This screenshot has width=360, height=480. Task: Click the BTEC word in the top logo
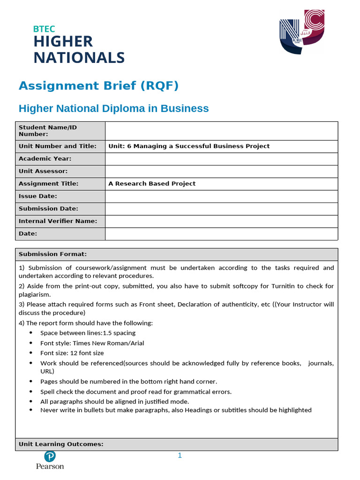(44, 29)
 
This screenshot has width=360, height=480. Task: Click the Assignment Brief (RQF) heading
(98, 86)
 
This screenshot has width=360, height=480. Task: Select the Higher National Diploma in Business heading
(113, 109)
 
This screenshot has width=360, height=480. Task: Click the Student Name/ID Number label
(47, 130)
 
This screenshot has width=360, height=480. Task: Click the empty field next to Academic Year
(221, 159)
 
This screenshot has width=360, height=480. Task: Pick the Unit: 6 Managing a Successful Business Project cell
(189, 146)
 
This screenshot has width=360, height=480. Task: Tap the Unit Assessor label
(43, 171)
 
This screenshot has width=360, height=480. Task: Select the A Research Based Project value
(152, 184)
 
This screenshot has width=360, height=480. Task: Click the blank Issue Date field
(221, 196)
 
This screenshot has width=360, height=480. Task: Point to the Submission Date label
(48, 209)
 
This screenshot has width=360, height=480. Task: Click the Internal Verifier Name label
(58, 221)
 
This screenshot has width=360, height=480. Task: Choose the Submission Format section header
(52, 254)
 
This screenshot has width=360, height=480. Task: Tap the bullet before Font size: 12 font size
(31, 352)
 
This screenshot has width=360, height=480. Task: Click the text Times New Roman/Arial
(108, 343)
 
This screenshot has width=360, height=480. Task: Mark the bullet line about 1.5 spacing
(88, 333)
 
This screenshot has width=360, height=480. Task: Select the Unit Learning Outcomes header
(61, 444)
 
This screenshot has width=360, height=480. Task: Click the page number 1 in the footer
(180, 456)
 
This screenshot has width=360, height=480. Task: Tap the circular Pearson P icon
(50, 456)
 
